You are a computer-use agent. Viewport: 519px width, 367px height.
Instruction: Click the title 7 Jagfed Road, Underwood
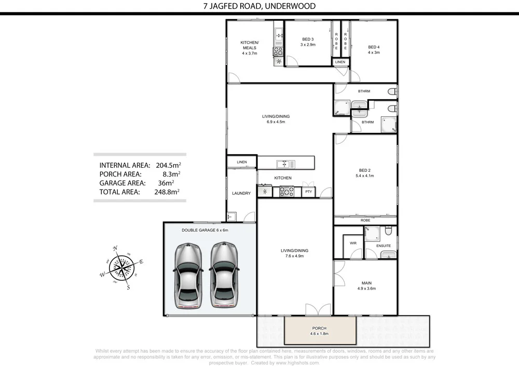259,6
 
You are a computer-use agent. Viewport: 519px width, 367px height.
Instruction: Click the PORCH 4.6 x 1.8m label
320,331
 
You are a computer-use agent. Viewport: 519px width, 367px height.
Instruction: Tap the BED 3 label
308,42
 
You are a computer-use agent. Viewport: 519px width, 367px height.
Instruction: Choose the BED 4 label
374,49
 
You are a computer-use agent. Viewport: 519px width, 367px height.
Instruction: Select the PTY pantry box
308,192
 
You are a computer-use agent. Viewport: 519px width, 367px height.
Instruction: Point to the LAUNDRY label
241,193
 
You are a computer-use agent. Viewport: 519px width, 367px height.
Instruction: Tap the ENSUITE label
383,245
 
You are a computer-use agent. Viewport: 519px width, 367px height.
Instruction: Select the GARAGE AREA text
121,183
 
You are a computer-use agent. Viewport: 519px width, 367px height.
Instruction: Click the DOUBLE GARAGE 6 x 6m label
204,229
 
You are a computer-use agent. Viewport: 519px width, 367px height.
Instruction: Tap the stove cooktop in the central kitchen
286,192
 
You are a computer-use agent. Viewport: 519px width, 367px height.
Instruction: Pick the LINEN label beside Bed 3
339,62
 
